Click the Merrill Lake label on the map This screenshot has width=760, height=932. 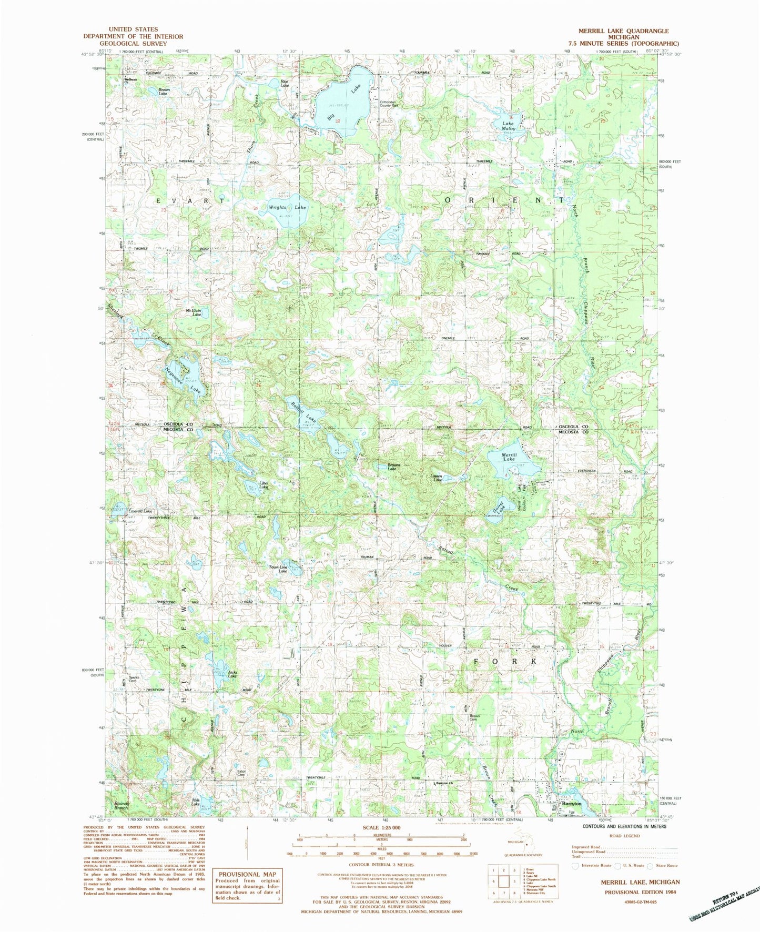pyautogui.click(x=509, y=457)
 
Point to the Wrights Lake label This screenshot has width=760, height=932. pyautogui.click(x=287, y=207)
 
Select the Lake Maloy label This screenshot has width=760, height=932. pyautogui.click(x=509, y=126)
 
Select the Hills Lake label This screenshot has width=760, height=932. pyautogui.click(x=195, y=802)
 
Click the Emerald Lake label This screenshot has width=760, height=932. pyautogui.click(x=140, y=511)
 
